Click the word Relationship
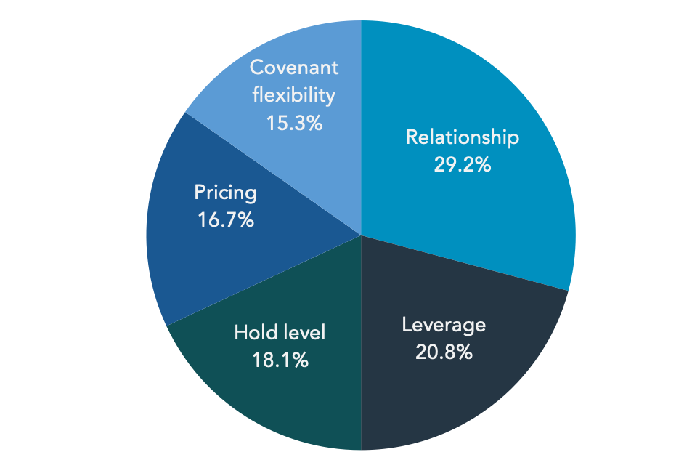tap(463, 137)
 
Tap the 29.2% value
tap(463, 165)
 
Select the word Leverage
tap(444, 325)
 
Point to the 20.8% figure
tap(444, 352)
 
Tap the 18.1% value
tap(280, 360)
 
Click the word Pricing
tap(225, 193)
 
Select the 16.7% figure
tap(225, 220)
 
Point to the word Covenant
tap(294, 68)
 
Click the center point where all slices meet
tap(361, 235)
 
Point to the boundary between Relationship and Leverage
tap(464, 263)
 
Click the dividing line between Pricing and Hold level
tap(264, 281)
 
